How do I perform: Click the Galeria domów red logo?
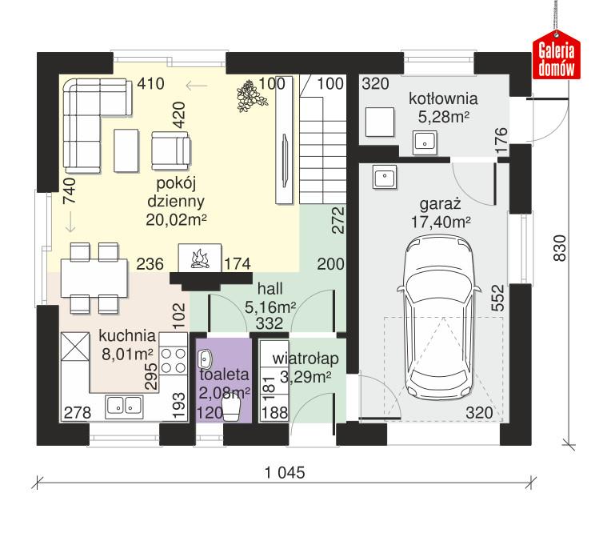(x=557, y=59)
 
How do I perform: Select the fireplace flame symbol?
(x=199, y=258)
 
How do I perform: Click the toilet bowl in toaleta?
(x=232, y=409)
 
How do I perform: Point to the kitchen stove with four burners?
(x=172, y=361)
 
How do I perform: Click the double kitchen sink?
(x=124, y=406)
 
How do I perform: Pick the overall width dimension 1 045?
(x=285, y=472)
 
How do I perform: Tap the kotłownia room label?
(x=443, y=99)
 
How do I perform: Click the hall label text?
(x=270, y=289)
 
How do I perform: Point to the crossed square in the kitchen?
(x=76, y=349)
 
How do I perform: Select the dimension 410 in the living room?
(x=151, y=82)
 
